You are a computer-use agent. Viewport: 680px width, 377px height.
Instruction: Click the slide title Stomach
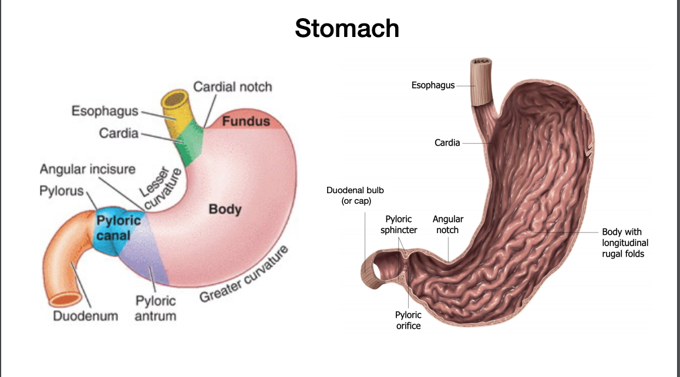346,28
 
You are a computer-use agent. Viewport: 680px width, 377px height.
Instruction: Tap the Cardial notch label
233,87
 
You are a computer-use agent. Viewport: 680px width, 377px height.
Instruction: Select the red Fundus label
246,122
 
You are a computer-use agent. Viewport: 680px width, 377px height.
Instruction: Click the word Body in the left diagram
225,209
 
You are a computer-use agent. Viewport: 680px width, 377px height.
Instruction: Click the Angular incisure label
87,170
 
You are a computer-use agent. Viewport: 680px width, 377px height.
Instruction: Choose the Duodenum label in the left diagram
85,316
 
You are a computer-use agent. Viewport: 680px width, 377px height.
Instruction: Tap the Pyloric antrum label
156,308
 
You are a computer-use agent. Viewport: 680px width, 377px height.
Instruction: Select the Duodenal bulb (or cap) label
355,196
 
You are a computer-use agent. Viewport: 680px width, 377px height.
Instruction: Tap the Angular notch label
447,224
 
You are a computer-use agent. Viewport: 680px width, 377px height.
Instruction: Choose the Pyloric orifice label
408,320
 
